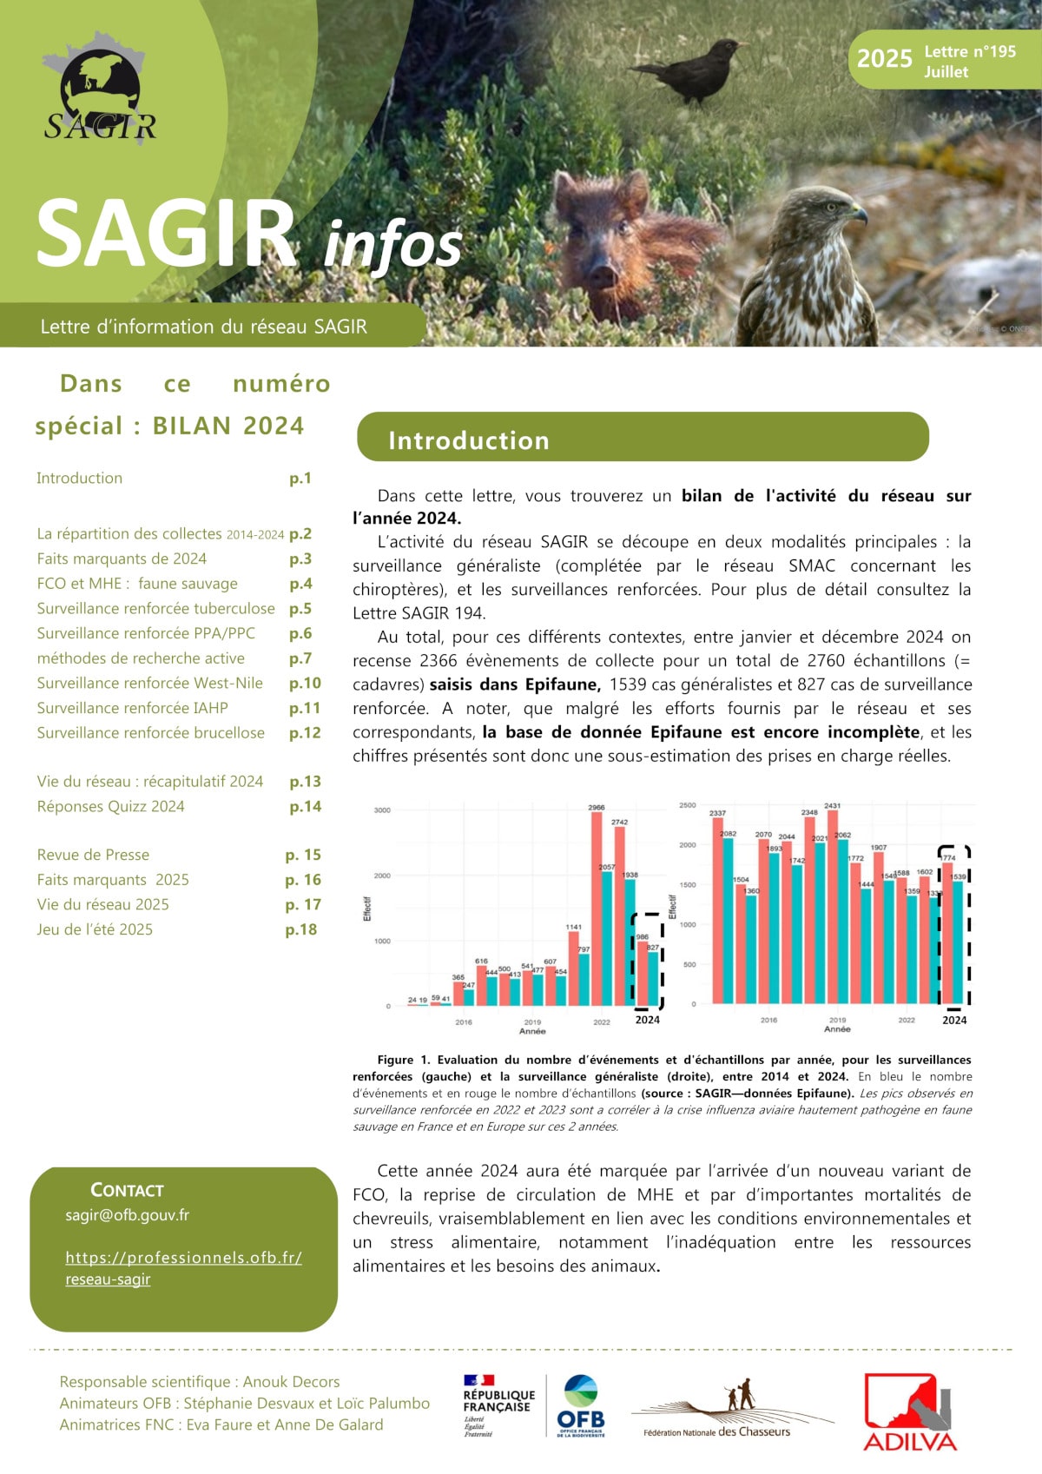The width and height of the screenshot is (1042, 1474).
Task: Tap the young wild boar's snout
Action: click(x=603, y=276)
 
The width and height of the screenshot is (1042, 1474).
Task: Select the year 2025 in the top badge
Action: click(x=884, y=59)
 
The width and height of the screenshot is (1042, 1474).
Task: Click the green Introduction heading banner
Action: click(x=643, y=438)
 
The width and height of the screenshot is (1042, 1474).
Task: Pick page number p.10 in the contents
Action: click(x=305, y=684)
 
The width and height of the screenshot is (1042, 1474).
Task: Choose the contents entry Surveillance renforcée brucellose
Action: click(x=150, y=733)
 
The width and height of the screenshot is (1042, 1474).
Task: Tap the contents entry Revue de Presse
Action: click(x=93, y=855)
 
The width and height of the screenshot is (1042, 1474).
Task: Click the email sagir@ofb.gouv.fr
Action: click(x=127, y=1215)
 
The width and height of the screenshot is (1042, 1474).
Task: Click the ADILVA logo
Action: click(x=910, y=1411)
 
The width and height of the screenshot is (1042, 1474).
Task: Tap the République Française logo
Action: click(x=498, y=1405)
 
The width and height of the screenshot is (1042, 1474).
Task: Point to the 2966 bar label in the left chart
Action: click(x=597, y=808)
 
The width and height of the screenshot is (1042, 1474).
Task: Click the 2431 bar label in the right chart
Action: click(x=832, y=806)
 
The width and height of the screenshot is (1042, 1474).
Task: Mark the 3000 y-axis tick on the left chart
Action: click(x=382, y=810)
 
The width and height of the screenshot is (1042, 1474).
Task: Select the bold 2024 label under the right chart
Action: click(x=954, y=1021)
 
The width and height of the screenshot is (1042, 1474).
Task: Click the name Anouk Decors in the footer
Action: click(x=291, y=1382)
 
